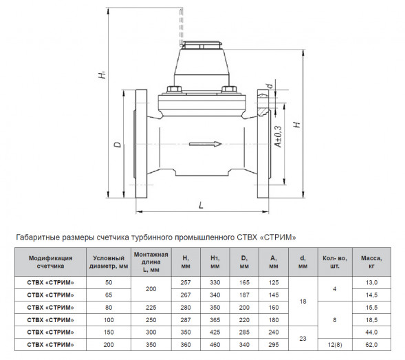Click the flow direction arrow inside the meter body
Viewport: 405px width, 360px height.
[x=206, y=144]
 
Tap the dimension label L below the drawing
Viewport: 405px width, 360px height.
[x=201, y=205]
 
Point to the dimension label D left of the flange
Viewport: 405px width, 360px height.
[x=118, y=145]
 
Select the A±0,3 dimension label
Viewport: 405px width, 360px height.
[x=278, y=136]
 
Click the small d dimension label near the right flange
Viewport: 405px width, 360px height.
[x=270, y=86]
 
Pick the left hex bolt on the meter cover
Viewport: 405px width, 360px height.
[x=175, y=89]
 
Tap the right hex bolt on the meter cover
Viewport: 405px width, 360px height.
[x=229, y=89]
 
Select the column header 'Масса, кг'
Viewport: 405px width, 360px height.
[x=371, y=262]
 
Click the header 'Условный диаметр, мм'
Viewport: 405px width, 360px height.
[x=109, y=262]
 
